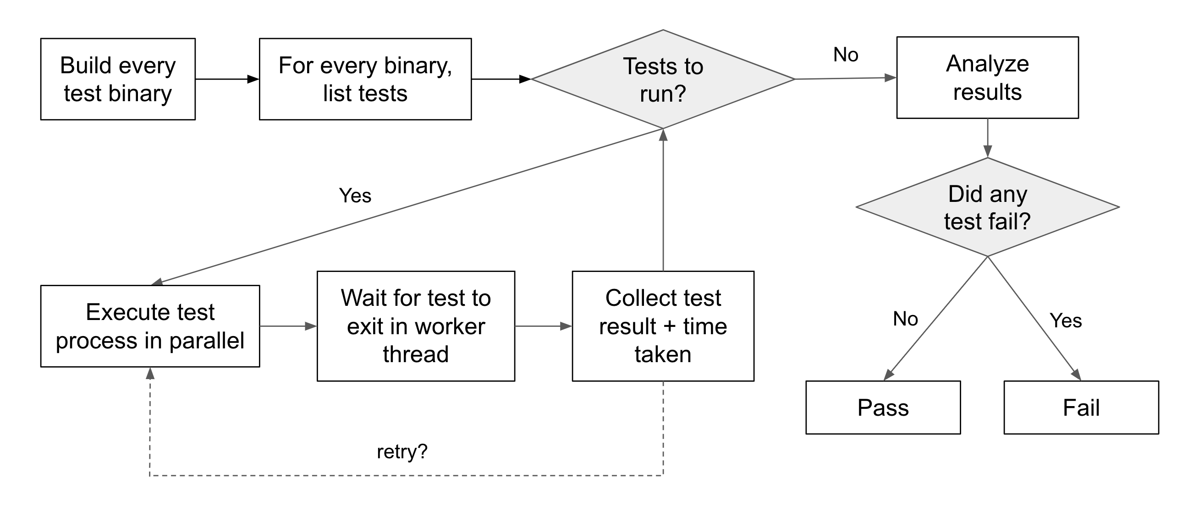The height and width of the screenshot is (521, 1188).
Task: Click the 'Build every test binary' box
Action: coord(118,79)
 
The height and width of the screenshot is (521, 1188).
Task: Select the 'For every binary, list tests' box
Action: coord(365,79)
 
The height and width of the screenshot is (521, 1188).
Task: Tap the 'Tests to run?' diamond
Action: coord(663,79)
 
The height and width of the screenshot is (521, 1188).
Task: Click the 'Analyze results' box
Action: coord(987,77)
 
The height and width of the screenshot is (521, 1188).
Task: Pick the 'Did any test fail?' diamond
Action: coord(987,207)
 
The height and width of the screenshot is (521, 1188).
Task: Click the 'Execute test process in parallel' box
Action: coord(150,326)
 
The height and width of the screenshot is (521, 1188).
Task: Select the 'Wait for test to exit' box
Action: coord(416,326)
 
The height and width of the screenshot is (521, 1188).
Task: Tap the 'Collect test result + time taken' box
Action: coord(663,326)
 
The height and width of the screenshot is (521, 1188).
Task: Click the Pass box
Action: coord(883,407)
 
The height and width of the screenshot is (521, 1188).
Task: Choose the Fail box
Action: coord(1081,407)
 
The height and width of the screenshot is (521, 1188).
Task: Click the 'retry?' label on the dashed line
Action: coord(402,452)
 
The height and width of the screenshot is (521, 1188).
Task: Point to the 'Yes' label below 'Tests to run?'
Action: coord(355,196)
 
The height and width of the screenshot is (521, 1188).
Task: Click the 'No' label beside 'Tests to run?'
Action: coord(846,55)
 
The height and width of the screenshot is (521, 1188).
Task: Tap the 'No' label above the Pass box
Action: coord(905,319)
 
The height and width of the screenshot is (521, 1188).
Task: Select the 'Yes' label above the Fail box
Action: coord(1066,320)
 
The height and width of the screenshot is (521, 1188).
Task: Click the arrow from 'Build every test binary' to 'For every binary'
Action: coord(227,79)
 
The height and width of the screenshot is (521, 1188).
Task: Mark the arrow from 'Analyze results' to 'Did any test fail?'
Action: coord(987,138)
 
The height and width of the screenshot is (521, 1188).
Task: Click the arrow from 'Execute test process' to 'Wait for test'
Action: coord(288,326)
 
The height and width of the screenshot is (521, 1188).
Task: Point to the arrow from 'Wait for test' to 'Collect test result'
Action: coord(544,326)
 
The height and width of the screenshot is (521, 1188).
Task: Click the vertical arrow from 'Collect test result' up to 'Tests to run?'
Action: coord(663,200)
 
